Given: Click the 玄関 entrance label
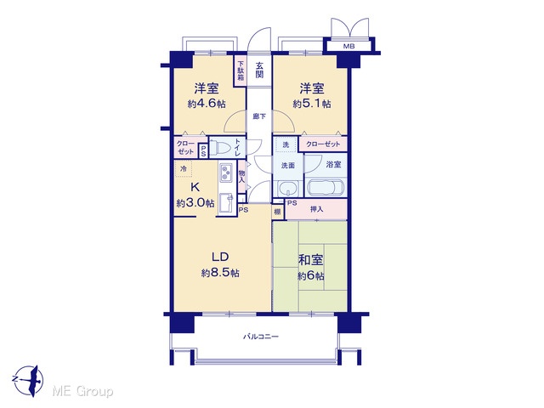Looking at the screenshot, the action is coord(259,70).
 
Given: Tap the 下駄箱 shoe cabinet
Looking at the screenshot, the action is coord(241,71).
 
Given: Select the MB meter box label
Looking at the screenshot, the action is coord(349,46).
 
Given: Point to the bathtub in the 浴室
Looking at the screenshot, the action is coord(326,189).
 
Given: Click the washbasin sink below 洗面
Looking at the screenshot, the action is coord(288,189).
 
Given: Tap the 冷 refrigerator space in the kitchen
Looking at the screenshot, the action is coord(184,169).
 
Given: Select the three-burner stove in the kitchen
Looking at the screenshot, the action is coord(226,173).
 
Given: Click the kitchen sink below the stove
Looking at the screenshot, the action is coord(227,202).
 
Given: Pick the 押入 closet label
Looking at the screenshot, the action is coord(316,209).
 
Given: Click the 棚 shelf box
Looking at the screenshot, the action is coord(277,212).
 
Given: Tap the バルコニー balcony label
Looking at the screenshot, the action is coord(261,337).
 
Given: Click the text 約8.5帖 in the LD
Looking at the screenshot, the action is coord(220,273).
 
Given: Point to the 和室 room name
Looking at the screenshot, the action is coord(311,260).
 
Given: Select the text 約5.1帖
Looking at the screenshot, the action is coord(312,104).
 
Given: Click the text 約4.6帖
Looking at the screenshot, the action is coord(207,104).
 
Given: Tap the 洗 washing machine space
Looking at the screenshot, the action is coord(286,144).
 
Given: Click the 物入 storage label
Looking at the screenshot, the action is coord(241,177).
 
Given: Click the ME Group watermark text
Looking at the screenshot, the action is coord(82,392).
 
